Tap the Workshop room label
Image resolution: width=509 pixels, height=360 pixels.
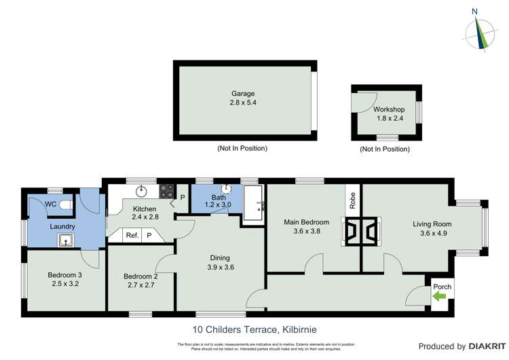[389, 109]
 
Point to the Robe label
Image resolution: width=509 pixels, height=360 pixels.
[353, 200]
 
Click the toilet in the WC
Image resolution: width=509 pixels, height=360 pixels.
[67, 204]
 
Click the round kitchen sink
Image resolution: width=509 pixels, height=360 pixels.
[142, 191]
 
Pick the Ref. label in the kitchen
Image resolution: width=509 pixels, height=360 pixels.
[132, 235]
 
